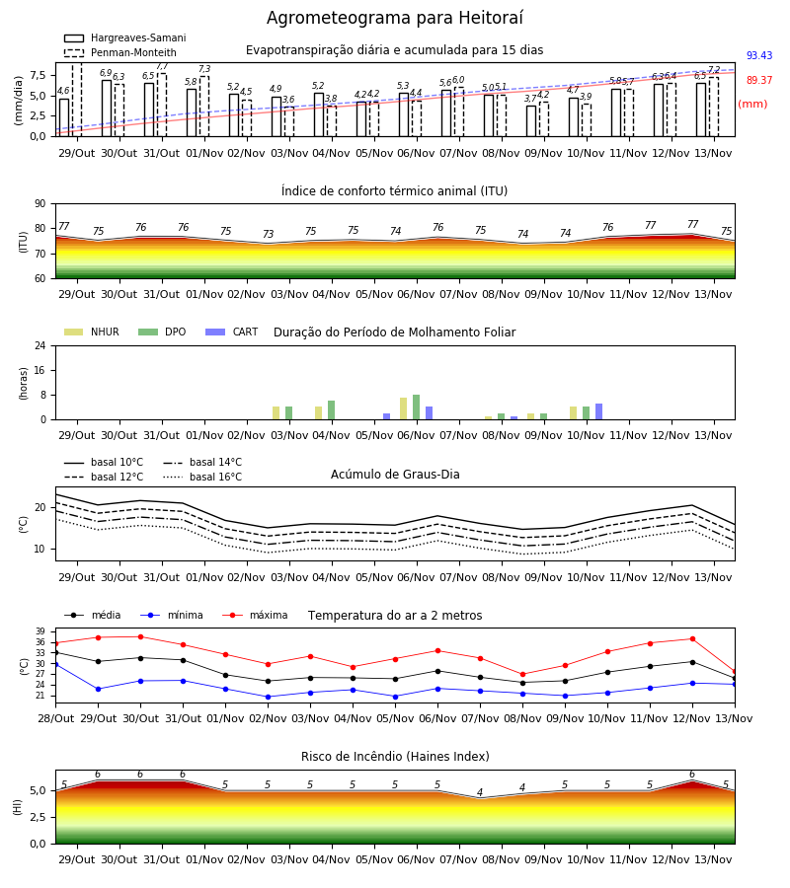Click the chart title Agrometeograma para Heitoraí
tap(394, 18)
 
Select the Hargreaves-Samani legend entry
tap(125, 37)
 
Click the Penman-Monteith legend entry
tap(120, 52)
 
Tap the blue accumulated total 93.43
tap(759, 55)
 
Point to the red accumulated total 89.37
tap(759, 81)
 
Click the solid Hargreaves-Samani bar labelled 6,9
tap(107, 109)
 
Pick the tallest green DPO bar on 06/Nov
tap(417, 407)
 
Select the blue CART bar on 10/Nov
tap(599, 411)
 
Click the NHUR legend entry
tap(92, 332)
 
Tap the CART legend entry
tap(232, 332)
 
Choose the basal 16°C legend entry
tap(202, 477)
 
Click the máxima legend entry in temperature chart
tap(255, 615)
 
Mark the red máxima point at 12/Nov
tap(692, 638)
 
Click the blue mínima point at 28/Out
tap(56, 664)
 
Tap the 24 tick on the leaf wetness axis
tap(40, 345)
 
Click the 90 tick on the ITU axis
tap(40, 204)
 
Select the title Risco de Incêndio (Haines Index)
tap(395, 757)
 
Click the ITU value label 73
tap(268, 234)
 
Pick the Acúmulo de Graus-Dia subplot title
tap(395, 475)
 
